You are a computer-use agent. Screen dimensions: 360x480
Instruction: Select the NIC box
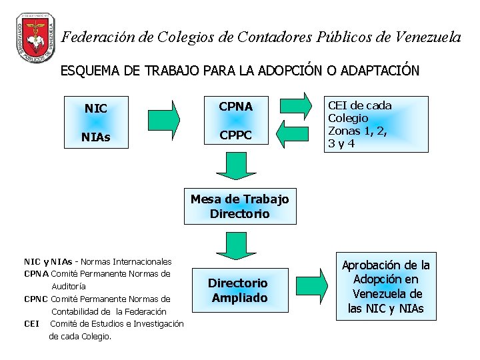pyautogui.click(x=96, y=108)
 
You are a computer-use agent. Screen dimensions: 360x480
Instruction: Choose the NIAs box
pyautogui.click(x=96, y=137)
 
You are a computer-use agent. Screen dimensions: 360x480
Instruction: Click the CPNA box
pyautogui.click(x=236, y=107)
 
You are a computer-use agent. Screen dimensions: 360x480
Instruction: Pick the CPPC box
pyautogui.click(x=236, y=136)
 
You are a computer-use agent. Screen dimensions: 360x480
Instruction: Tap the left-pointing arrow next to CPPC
pyautogui.click(x=292, y=136)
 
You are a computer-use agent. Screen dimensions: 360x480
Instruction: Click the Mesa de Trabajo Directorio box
pyautogui.click(x=240, y=207)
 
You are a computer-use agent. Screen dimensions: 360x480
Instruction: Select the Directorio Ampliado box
pyautogui.click(x=238, y=291)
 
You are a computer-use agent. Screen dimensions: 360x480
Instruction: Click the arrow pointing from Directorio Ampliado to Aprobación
pyautogui.click(x=313, y=287)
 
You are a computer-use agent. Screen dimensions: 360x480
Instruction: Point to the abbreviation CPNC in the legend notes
pyautogui.click(x=36, y=299)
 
